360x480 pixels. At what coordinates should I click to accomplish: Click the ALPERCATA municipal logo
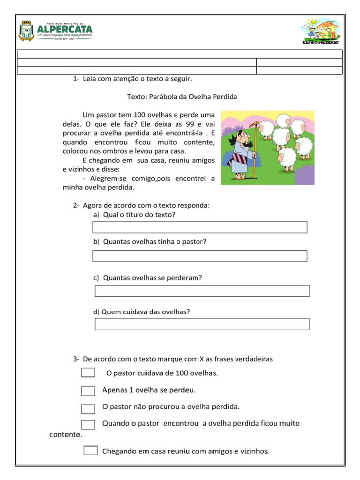55,31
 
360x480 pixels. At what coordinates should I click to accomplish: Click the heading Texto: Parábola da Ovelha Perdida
182,97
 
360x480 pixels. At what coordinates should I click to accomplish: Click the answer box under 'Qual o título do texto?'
200,227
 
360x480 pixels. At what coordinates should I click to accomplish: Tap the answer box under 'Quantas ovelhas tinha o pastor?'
200,256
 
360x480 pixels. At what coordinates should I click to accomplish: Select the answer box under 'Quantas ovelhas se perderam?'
202,291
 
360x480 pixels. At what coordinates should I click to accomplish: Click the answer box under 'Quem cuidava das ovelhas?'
202,324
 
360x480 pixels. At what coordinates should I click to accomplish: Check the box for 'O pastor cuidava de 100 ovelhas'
88,373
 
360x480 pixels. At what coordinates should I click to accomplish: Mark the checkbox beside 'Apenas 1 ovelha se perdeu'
88,391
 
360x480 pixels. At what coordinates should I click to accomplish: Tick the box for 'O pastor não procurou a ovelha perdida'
88,408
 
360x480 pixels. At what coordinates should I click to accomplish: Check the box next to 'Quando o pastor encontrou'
88,425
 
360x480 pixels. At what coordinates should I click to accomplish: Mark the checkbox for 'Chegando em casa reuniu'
90,450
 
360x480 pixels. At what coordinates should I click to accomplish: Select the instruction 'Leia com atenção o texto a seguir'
137,79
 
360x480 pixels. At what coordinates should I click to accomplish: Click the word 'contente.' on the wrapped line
66,435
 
